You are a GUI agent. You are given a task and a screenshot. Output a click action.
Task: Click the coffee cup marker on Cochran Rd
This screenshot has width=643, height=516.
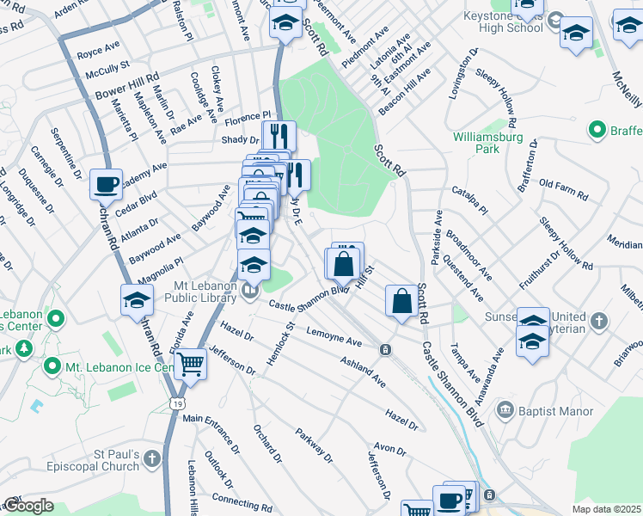click(x=106, y=184)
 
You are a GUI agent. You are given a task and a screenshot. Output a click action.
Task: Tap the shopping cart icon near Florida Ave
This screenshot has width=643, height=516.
click(x=190, y=364)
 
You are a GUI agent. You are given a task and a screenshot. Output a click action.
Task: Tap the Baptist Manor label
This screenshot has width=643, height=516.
click(x=554, y=411)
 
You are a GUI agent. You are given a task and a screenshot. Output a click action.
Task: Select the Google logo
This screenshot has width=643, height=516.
click(x=28, y=507)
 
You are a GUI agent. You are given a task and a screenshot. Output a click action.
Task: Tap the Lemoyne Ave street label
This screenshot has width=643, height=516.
click(x=334, y=337)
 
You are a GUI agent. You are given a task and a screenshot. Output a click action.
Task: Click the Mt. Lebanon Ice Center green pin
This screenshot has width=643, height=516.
click(x=52, y=368)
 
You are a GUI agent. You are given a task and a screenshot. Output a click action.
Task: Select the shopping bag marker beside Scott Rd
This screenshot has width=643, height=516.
click(x=401, y=302)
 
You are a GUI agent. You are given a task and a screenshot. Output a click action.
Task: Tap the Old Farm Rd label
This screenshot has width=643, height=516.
click(x=563, y=190)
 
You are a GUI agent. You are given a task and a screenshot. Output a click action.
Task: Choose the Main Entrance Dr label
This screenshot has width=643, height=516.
click(x=211, y=433)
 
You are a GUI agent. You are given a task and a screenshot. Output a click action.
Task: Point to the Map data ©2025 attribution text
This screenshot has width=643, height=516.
click(x=605, y=509)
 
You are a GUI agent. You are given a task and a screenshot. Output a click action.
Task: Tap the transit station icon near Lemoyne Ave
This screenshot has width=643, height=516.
click(x=386, y=349)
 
